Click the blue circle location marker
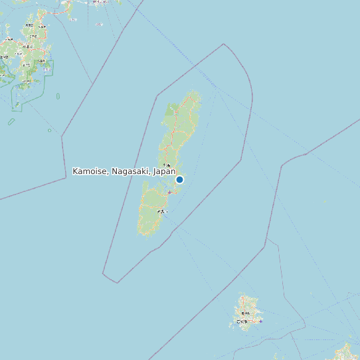[x=179, y=179]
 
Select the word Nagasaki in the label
[x=131, y=171]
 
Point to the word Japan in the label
[x=164, y=171]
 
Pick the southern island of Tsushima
[x=153, y=213]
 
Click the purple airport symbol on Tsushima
[x=169, y=193]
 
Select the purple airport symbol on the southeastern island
[x=260, y=321]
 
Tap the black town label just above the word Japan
[x=166, y=165]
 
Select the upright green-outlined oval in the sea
[x=58, y=96]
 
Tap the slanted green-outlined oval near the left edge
[x=11, y=122]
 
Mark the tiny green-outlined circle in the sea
[x=49, y=130]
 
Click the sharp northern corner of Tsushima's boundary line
[x=224, y=45]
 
